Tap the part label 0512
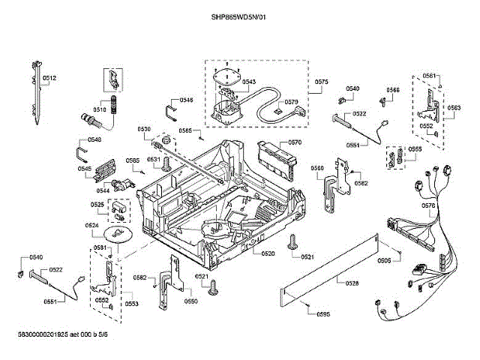49,77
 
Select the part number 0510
99,109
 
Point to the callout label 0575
322,81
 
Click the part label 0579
292,102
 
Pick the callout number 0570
295,142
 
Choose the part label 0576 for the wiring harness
429,205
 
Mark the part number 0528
352,282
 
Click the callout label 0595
323,313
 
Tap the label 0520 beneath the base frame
268,253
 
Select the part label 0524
92,225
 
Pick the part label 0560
317,168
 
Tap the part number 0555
415,149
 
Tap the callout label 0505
383,260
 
